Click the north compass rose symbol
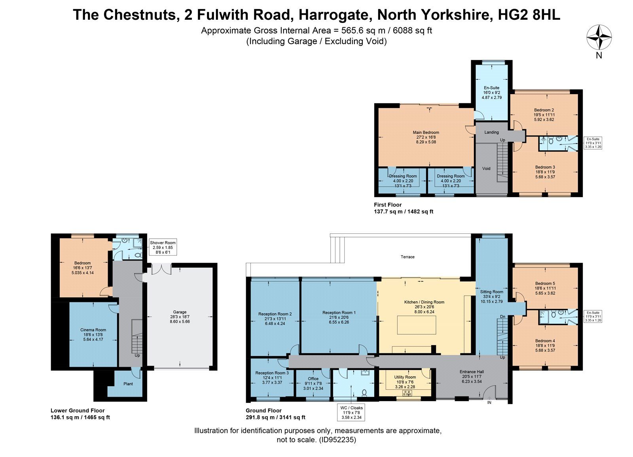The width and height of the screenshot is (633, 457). click(x=599, y=38)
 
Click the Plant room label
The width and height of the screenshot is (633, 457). click(x=128, y=384)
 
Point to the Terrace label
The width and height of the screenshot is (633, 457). click(x=407, y=257)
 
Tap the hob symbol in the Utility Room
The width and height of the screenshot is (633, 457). click(x=407, y=393)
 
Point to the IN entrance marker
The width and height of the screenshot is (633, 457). click(x=489, y=402)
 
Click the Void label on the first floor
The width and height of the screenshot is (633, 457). click(x=486, y=169)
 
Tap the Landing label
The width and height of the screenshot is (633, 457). click(x=491, y=132)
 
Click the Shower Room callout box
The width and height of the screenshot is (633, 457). click(x=162, y=247)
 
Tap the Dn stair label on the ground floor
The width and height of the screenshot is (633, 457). click(x=502, y=317)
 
